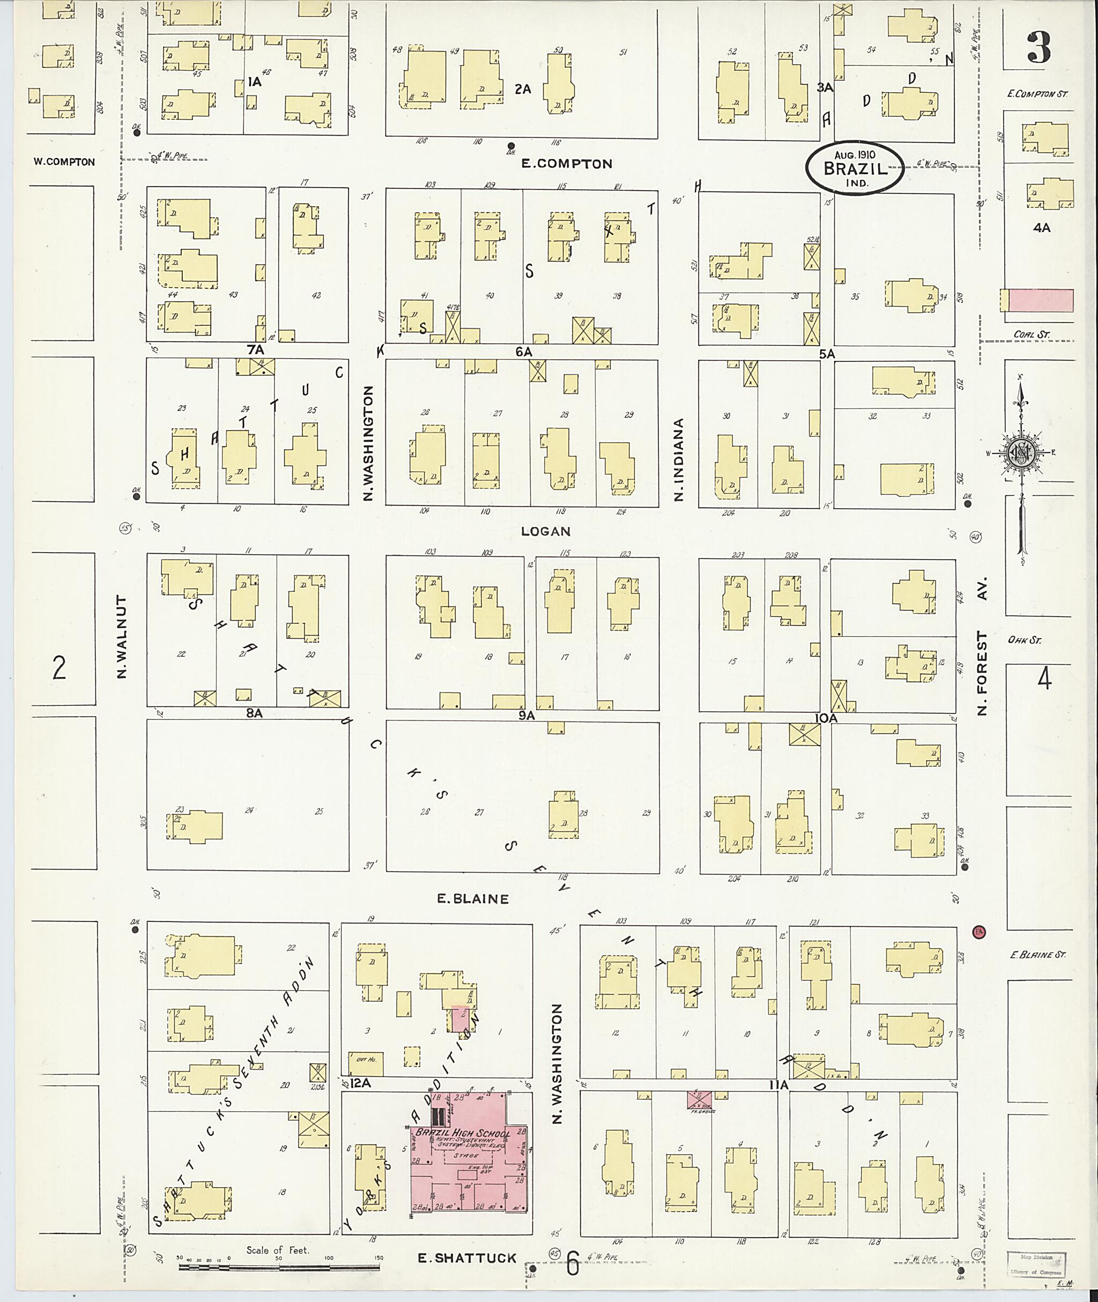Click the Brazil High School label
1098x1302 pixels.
(x=463, y=1133)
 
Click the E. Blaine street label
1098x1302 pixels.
(x=472, y=899)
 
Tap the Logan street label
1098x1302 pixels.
(x=545, y=531)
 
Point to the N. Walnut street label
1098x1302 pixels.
(x=122, y=636)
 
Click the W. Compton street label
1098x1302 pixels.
(x=64, y=162)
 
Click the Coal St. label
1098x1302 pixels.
(x=1032, y=335)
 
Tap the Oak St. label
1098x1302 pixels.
(x=1024, y=640)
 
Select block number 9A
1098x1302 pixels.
(x=526, y=716)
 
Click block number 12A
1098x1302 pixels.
(x=360, y=1083)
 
